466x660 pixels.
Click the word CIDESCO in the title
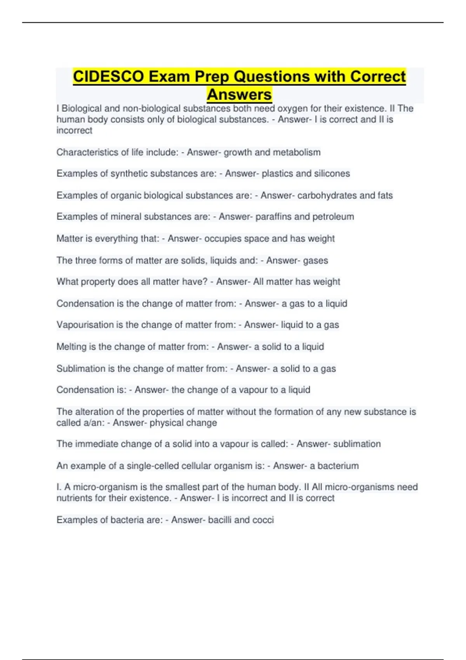[108, 76]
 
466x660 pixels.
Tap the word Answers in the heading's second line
[239, 94]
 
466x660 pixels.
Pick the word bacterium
[338, 466]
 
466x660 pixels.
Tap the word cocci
[263, 520]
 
